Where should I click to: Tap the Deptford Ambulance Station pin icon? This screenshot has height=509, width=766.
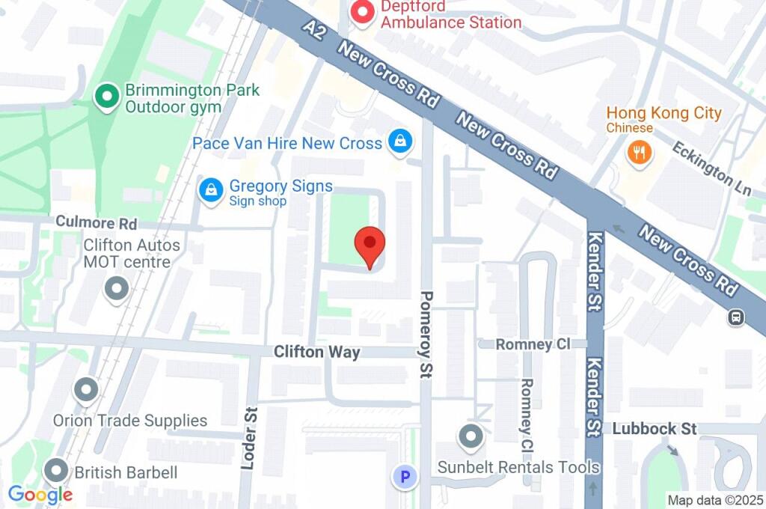coord(363,11)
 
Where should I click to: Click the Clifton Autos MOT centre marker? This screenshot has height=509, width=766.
coord(116,289)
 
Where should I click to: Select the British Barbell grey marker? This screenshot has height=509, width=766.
coord(56,471)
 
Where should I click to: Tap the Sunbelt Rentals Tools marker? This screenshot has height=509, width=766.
coord(471,436)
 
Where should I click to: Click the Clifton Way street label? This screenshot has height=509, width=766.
coord(316,352)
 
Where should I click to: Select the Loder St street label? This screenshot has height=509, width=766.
coord(250,438)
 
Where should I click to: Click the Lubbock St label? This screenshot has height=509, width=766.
coord(655,429)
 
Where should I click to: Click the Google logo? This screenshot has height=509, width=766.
coord(40,494)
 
